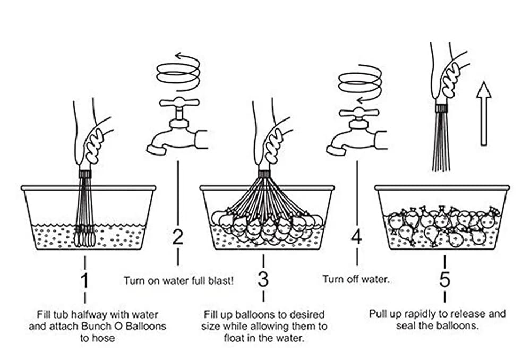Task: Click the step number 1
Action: (x=85, y=280)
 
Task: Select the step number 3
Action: (x=263, y=280)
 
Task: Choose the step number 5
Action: (x=445, y=280)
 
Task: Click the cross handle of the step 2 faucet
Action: (x=179, y=102)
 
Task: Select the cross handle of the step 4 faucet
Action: (x=359, y=112)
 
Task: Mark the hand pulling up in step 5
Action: (x=449, y=74)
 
